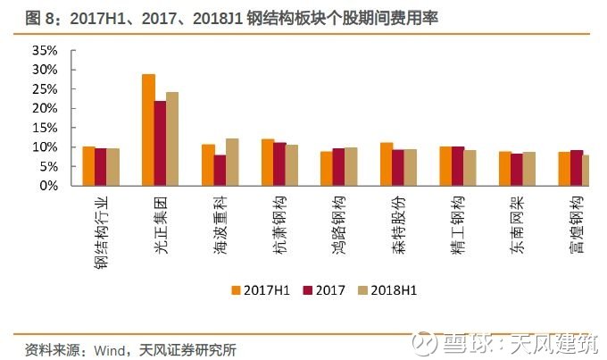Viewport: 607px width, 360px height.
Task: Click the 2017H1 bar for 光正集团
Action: click(149, 130)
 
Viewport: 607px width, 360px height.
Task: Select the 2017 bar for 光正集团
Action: click(161, 144)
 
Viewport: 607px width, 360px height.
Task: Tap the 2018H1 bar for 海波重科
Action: click(232, 163)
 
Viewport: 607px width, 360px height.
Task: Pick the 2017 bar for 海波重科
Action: click(220, 171)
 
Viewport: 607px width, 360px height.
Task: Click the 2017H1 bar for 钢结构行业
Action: click(89, 166)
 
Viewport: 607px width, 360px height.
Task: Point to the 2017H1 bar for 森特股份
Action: click(387, 164)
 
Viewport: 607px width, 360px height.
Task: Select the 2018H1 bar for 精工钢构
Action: click(470, 168)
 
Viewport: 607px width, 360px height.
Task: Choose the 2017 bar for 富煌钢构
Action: click(577, 168)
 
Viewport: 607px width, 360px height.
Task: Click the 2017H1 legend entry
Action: click(260, 290)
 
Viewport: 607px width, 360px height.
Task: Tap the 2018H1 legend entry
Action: click(387, 290)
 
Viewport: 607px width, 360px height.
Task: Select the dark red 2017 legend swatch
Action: click(307, 290)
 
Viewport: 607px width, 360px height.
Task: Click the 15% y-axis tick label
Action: click(45, 128)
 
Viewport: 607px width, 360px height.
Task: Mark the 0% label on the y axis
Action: click(49, 186)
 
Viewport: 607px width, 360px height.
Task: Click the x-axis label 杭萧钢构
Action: click(279, 225)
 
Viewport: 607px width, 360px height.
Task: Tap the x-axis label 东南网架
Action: click(517, 225)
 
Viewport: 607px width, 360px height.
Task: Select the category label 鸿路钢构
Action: click(338, 225)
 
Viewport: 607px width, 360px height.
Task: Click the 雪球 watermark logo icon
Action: click(424, 343)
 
